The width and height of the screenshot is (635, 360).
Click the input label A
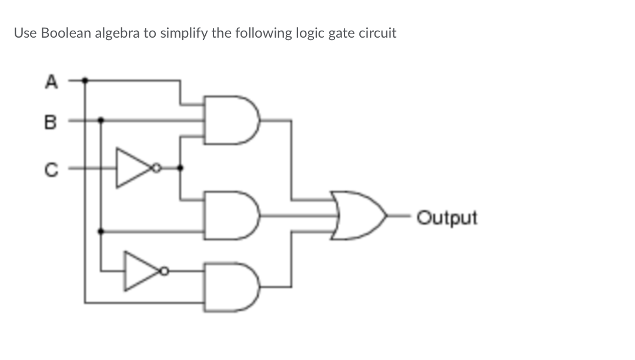[x=51, y=81]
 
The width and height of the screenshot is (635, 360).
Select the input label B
[x=50, y=122]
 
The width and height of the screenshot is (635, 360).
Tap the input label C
[x=51, y=169]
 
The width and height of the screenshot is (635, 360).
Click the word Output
[x=447, y=218]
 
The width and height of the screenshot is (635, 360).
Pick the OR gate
[x=359, y=216]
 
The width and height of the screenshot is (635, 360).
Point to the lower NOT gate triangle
[x=142, y=271]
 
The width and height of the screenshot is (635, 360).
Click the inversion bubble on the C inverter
[x=156, y=168]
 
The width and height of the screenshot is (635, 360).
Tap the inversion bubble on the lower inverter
[x=164, y=271]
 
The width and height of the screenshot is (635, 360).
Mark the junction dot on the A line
[x=85, y=81]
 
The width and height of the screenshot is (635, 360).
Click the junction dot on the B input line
[x=101, y=120]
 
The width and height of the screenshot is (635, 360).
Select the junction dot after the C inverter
[x=181, y=168]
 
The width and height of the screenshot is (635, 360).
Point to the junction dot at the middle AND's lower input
[x=101, y=232]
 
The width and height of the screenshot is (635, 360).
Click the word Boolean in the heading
[x=66, y=33]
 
